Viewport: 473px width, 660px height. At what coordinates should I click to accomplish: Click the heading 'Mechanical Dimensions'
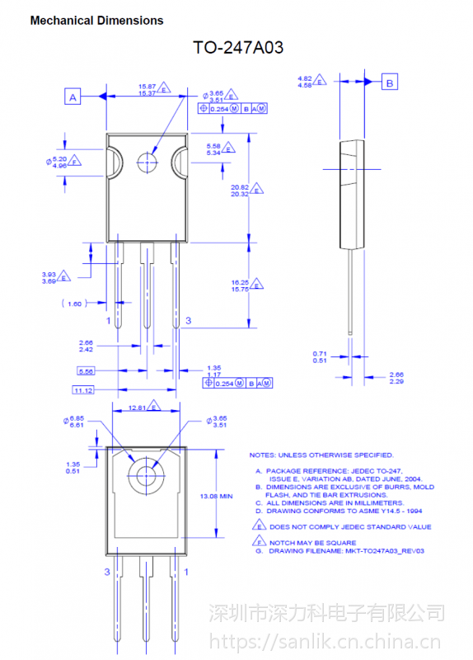click(96, 21)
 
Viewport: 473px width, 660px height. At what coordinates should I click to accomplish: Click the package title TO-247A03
click(238, 48)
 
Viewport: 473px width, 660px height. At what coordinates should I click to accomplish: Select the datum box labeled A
click(73, 97)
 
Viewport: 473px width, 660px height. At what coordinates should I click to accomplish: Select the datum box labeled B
click(391, 82)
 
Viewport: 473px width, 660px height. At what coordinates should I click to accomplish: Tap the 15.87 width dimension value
click(147, 86)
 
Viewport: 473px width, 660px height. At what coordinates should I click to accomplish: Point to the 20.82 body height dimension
click(239, 186)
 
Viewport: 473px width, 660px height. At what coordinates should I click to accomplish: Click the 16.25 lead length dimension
click(239, 282)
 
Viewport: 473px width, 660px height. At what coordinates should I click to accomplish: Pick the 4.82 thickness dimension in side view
click(305, 77)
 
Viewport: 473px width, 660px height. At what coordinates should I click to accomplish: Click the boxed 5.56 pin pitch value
click(86, 371)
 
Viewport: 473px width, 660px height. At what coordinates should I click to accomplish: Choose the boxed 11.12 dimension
click(83, 389)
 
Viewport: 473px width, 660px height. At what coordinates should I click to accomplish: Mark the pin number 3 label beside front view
click(188, 320)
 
